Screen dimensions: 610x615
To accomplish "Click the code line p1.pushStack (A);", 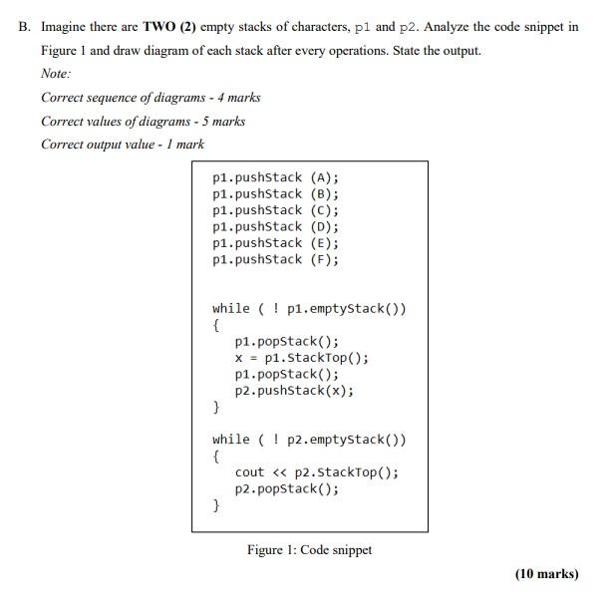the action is (x=275, y=177).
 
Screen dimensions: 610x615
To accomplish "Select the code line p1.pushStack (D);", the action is (x=275, y=226).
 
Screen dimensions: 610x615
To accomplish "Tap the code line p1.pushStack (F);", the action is (x=275, y=259).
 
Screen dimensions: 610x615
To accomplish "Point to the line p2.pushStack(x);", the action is (x=294, y=391).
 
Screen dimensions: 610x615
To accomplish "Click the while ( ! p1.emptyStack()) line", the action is (x=309, y=308).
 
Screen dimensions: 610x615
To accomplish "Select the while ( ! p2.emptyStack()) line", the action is (x=309, y=440).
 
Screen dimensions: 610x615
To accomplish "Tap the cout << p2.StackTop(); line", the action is (x=317, y=472).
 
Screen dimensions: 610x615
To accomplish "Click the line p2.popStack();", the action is (x=286, y=488).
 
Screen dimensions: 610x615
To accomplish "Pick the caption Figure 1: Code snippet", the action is (x=309, y=550).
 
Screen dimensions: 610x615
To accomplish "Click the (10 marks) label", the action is (x=546, y=574).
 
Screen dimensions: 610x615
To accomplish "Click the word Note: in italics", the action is (x=56, y=74).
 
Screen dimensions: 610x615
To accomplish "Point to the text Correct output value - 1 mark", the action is (x=123, y=145).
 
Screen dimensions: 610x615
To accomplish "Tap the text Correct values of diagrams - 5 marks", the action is (x=143, y=121).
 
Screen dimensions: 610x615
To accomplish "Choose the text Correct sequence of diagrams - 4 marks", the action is (x=151, y=98).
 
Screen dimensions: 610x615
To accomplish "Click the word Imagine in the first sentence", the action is (x=64, y=27).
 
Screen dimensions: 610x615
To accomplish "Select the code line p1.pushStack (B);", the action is (x=275, y=193).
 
